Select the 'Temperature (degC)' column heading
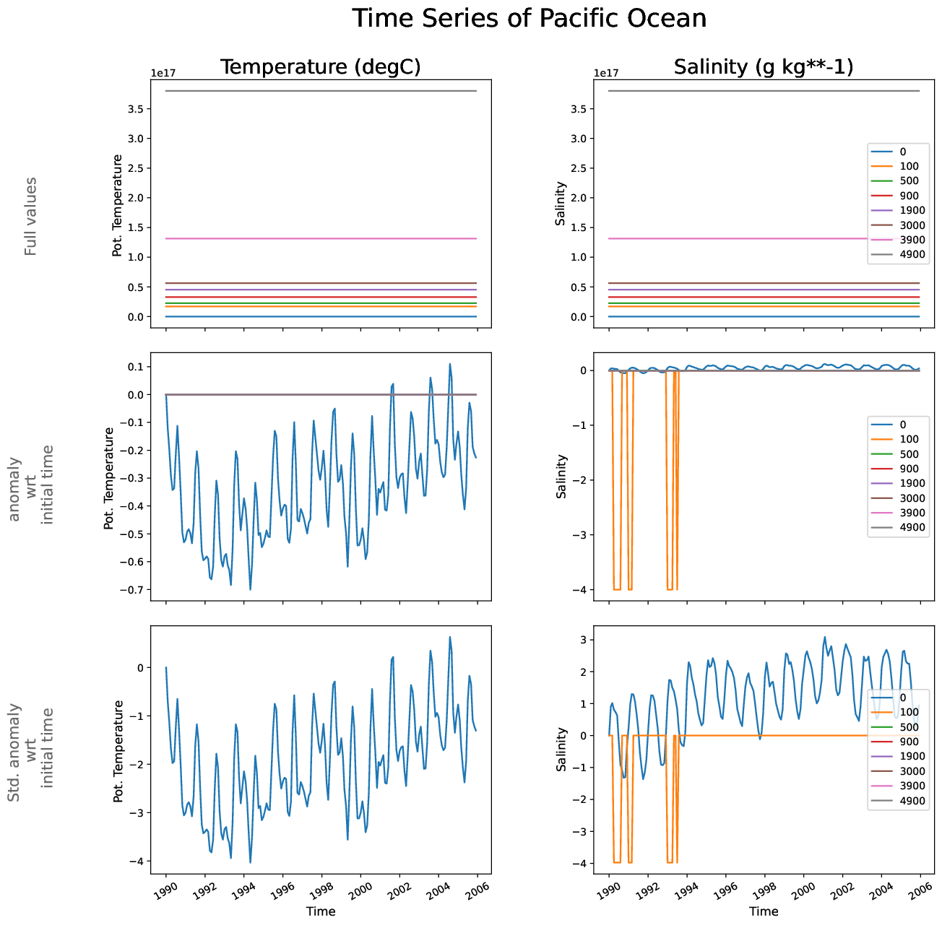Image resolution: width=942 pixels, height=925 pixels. [x=320, y=67]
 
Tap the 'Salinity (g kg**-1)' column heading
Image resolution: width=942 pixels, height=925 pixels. [x=764, y=67]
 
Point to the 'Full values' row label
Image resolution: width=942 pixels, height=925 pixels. [x=30, y=216]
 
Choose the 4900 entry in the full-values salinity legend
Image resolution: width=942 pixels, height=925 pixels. [x=912, y=254]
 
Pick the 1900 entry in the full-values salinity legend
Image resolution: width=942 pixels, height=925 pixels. [x=912, y=210]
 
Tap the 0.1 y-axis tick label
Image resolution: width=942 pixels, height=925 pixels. [x=134, y=367]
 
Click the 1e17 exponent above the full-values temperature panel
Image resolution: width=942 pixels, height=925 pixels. [x=163, y=73]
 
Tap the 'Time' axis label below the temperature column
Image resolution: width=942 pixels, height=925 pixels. [x=321, y=911]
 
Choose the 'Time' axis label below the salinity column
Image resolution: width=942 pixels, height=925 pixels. [x=764, y=911]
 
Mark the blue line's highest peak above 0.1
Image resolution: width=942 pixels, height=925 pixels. [x=449, y=364]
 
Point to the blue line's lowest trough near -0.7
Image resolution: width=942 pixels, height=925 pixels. [x=250, y=589]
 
